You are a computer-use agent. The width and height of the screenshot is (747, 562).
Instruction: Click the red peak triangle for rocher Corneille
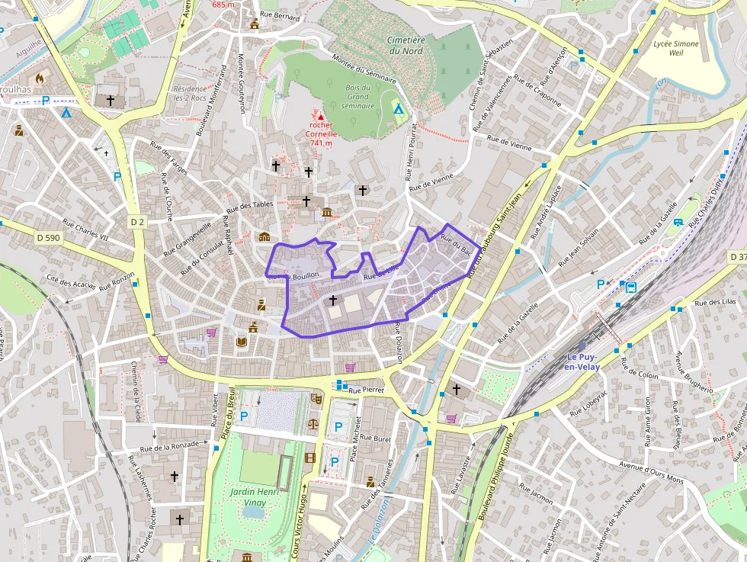point(321,117)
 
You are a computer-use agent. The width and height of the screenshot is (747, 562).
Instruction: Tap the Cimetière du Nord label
point(405,45)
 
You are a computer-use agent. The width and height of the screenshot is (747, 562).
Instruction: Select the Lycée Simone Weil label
point(675,49)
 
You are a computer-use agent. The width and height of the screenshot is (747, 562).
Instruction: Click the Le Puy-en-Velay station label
point(582,362)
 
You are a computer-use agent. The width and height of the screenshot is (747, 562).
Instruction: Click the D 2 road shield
point(137,222)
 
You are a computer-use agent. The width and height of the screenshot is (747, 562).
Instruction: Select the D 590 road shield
point(47,238)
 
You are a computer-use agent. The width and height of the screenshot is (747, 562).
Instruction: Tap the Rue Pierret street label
point(367,390)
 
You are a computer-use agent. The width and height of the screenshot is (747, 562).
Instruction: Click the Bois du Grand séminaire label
point(357,97)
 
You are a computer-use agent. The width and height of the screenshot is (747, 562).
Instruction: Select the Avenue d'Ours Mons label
point(652,473)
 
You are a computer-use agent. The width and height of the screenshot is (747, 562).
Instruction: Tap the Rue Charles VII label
point(85,230)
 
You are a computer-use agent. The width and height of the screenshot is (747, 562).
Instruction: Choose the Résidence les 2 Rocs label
point(190,94)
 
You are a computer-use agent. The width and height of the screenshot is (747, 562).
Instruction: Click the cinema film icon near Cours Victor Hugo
point(309,458)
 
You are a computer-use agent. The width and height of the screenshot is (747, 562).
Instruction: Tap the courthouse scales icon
point(313,422)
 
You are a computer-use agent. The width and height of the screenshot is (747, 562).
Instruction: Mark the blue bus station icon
point(631,287)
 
